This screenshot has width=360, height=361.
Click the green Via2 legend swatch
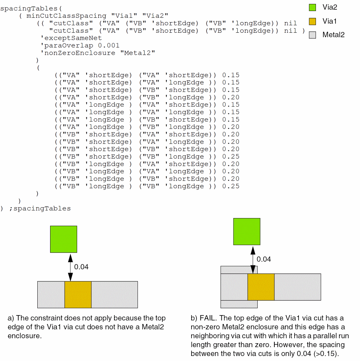312,7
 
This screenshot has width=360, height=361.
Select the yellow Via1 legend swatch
312,21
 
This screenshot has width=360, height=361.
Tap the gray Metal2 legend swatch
312,35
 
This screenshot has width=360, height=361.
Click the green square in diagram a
64,239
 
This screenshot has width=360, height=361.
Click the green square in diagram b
247,232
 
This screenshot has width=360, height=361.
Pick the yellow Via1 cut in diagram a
78,294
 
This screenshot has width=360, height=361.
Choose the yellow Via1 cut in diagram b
261,287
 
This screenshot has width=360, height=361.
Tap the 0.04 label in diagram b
264,259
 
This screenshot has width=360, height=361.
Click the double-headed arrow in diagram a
70,266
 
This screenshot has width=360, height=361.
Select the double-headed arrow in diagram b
253,259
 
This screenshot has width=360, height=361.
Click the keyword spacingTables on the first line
23,8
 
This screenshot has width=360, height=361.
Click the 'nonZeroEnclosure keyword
78,53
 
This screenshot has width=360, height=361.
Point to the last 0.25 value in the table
231,186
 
